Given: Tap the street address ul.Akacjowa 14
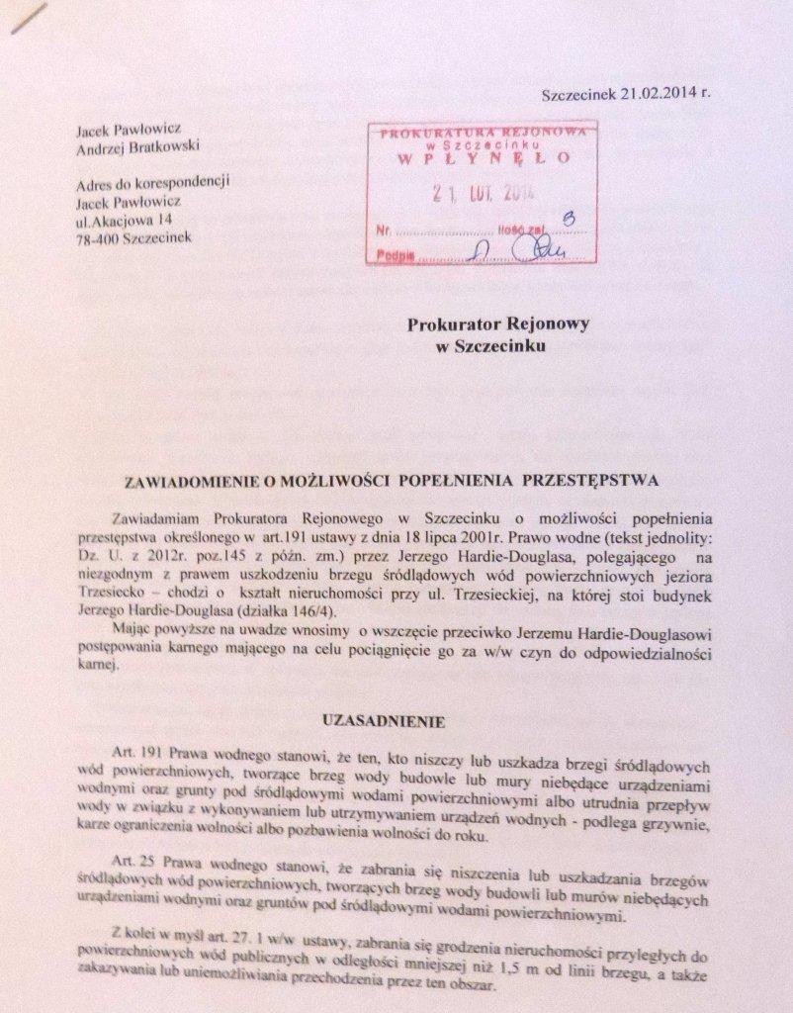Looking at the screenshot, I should click(x=120, y=218).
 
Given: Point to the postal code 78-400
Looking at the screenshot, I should click(x=96, y=235).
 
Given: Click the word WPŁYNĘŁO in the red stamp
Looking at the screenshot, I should click(x=484, y=157).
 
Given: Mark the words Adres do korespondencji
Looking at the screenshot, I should click(x=153, y=182).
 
